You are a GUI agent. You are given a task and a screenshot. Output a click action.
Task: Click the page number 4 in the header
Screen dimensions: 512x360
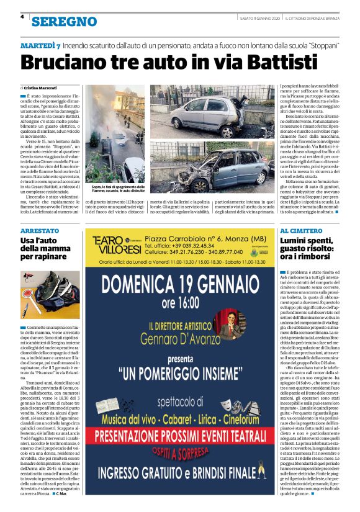click(x=22, y=17)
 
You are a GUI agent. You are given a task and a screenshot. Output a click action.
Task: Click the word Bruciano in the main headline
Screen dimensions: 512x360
click(x=74, y=63)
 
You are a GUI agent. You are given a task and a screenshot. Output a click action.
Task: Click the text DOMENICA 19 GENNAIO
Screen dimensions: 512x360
click(x=180, y=284)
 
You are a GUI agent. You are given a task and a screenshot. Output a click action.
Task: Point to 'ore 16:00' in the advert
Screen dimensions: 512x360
click(x=180, y=303)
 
